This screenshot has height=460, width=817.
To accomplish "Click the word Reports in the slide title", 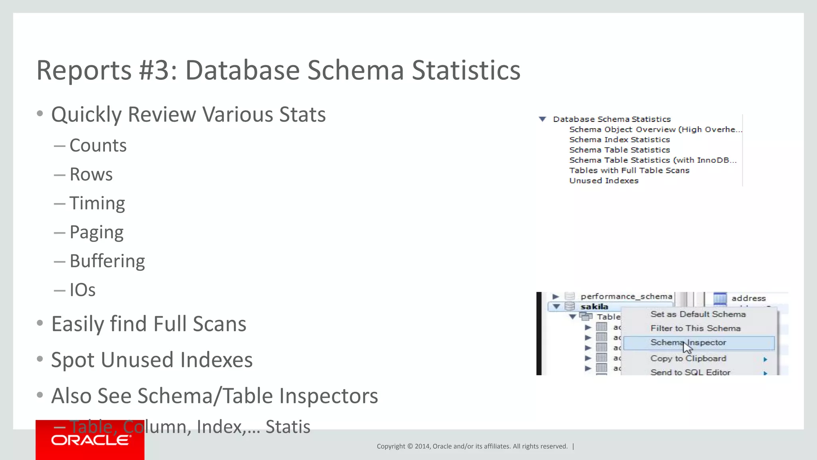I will coord(84,70).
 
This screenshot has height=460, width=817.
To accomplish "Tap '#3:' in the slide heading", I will coord(158,70).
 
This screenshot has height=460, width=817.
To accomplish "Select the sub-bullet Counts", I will coord(98,146).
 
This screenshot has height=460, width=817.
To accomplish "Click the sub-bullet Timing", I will coord(97,203).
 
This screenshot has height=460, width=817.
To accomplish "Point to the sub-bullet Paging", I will coord(97,232).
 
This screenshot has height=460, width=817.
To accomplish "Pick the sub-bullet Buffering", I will coord(107,261).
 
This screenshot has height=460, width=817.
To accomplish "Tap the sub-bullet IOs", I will coord(83,290).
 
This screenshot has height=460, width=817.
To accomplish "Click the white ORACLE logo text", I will coord(90,440).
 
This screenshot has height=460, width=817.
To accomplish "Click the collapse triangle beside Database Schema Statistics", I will coord(542,119).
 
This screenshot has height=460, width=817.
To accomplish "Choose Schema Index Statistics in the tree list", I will coord(619,140).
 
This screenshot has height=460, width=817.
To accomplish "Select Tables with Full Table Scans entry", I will coord(629,171).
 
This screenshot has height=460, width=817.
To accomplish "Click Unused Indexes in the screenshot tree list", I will coord(604,180).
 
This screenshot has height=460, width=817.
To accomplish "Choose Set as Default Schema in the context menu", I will coord(698,314).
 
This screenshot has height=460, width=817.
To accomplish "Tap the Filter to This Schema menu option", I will coord(695,328).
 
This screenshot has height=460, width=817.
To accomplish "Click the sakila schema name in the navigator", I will coord(594,307).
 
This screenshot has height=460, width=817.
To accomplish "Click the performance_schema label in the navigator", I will coord(626,296).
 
